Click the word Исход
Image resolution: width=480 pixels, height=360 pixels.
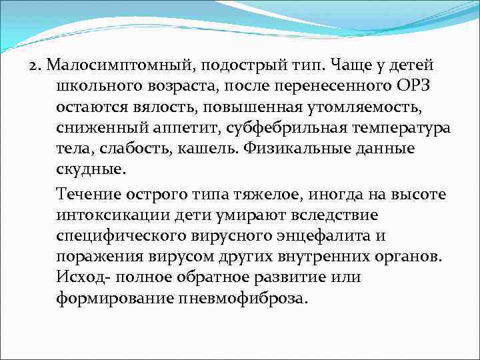(77, 277)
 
